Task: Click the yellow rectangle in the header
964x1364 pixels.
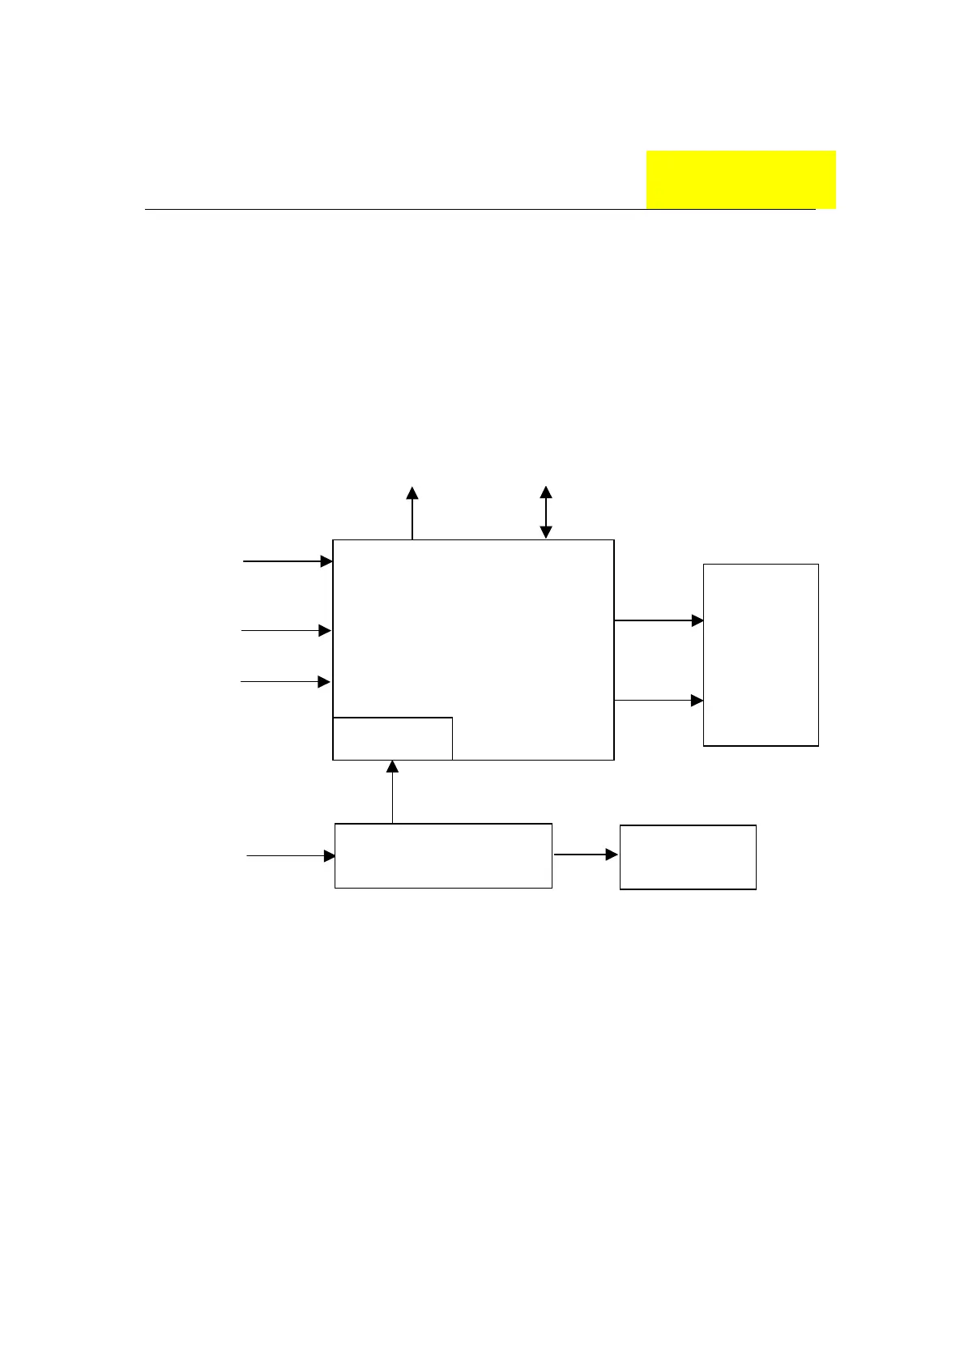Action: pos(740,179)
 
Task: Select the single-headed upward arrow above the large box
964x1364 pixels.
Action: pos(412,514)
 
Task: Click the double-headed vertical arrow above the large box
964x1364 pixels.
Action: pos(546,513)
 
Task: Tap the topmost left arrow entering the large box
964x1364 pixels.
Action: pos(288,561)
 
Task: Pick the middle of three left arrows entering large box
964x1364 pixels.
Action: pos(286,630)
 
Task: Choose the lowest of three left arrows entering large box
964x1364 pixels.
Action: pos(285,682)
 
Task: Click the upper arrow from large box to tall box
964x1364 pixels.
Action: pos(659,620)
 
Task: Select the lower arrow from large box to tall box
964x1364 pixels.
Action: pos(659,700)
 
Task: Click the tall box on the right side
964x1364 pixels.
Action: pos(761,654)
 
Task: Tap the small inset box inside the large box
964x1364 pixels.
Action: pos(392,738)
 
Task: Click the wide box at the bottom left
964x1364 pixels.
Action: pos(443,855)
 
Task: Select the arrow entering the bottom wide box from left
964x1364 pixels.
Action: pos(291,855)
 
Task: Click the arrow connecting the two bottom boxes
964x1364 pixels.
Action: pos(586,855)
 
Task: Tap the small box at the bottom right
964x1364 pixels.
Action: pos(688,857)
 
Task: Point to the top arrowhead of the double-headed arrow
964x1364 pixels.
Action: pos(546,492)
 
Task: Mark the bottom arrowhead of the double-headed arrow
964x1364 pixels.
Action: pos(546,532)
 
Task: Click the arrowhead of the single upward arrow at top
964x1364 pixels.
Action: pos(412,492)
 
